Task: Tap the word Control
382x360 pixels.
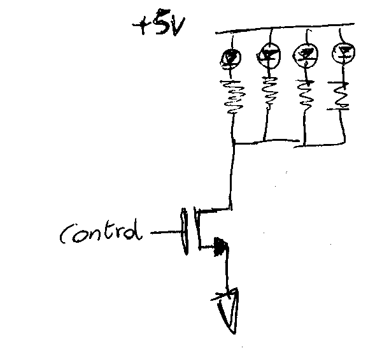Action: (101, 234)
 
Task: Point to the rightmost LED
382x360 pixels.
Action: (343, 52)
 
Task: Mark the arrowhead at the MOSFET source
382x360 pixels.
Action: (221, 245)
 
